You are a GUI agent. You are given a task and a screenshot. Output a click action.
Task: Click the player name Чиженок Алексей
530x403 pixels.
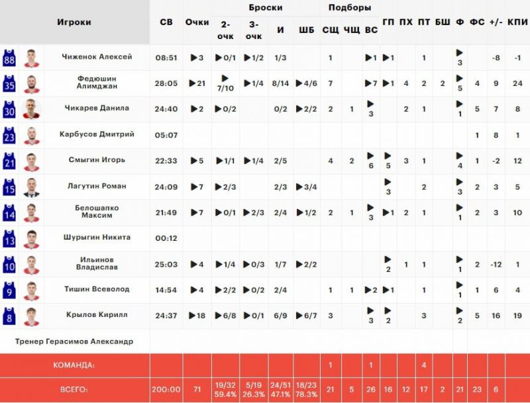click(97, 57)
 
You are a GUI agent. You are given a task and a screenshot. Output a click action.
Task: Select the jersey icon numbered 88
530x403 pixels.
click(9, 58)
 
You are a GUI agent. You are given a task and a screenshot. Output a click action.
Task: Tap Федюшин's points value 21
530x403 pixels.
click(197, 83)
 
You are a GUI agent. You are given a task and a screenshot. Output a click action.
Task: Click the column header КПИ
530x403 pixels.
click(517, 22)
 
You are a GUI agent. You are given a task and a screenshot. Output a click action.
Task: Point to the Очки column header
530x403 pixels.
click(197, 22)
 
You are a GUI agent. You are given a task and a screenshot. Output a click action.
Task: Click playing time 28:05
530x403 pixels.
click(166, 83)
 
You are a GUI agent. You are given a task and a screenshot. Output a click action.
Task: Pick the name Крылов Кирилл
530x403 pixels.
click(97, 315)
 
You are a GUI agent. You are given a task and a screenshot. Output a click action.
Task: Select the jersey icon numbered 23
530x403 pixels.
click(9, 135)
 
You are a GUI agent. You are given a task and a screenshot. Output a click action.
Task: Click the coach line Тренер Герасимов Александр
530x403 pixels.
click(74, 341)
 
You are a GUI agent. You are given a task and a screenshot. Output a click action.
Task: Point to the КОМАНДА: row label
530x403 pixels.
click(74, 365)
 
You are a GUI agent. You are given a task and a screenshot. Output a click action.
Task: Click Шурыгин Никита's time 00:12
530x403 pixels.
click(166, 238)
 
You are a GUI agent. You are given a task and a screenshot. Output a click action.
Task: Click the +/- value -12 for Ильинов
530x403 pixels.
click(496, 265)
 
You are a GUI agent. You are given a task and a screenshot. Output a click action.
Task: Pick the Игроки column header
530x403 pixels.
click(74, 22)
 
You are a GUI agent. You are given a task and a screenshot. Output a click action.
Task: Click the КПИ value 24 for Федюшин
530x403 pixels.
click(517, 83)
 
